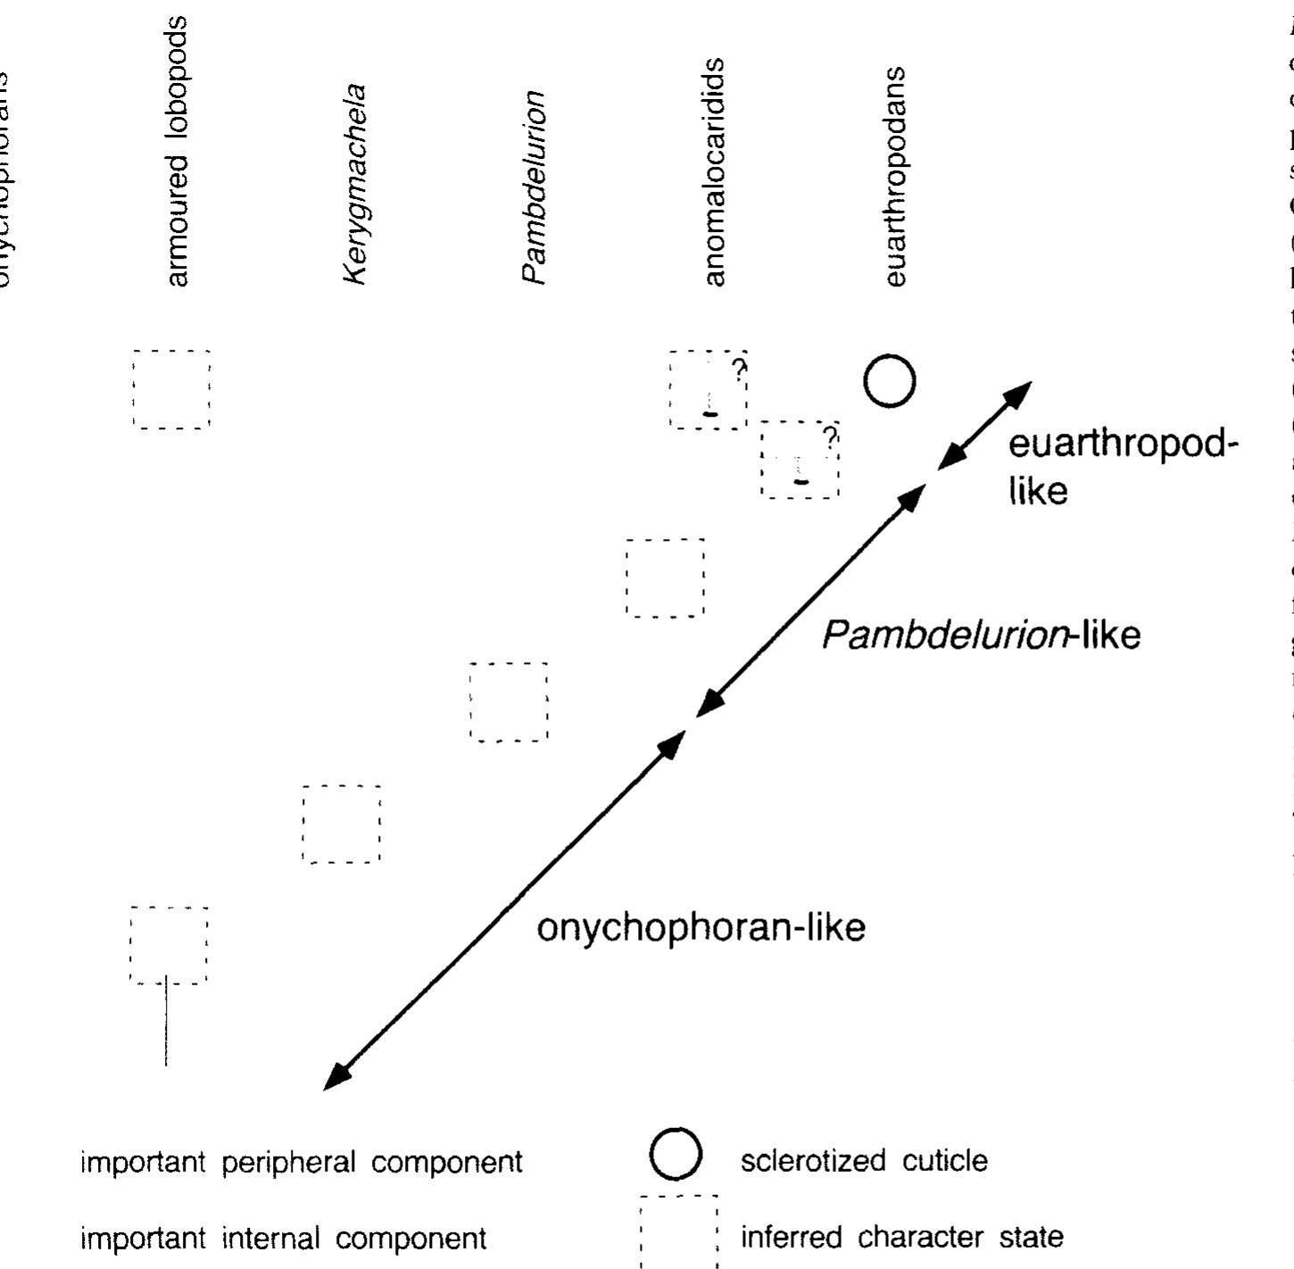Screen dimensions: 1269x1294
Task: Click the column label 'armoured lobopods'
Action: tap(178, 152)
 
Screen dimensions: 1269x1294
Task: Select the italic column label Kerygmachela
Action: tap(355, 185)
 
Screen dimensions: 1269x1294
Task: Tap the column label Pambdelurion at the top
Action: tap(534, 187)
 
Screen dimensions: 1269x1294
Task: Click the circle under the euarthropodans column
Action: tap(890, 381)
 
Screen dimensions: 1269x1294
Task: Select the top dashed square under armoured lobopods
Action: tap(171, 390)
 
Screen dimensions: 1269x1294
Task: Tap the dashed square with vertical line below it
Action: tap(169, 945)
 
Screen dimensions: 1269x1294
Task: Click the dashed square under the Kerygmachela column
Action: tap(342, 824)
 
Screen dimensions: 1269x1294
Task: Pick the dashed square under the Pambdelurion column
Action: tap(509, 701)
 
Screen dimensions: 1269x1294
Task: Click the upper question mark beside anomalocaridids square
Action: tap(740, 369)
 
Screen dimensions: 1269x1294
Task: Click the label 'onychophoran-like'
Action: tap(701, 928)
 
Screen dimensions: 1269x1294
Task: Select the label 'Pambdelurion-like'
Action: tap(980, 635)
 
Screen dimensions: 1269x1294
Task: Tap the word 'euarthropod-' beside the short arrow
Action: tap(1123, 444)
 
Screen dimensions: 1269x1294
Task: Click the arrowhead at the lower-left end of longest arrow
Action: tap(335, 1079)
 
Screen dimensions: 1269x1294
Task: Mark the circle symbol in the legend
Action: tap(676, 1154)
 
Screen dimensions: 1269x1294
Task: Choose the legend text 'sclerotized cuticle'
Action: tap(864, 1161)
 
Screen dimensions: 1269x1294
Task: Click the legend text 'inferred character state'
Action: tap(901, 1237)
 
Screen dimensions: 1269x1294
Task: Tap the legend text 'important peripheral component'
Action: tap(302, 1162)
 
